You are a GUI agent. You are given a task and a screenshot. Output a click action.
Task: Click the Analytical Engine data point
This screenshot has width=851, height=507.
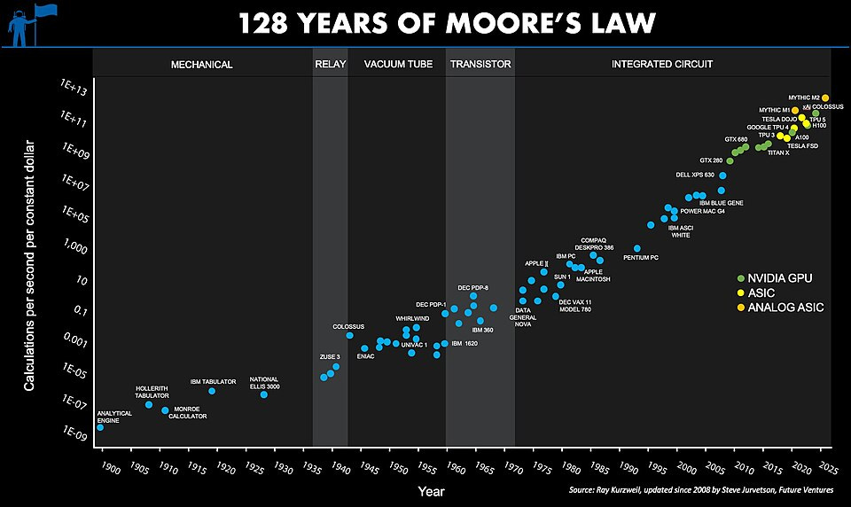pos(99,427)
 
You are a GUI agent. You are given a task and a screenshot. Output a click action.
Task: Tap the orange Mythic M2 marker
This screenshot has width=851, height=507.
pos(825,97)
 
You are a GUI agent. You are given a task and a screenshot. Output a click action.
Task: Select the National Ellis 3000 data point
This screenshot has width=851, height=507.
pos(264,394)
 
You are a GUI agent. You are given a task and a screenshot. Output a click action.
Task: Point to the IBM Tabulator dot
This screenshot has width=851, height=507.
pos(212,391)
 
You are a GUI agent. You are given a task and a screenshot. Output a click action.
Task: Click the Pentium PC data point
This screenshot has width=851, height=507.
pos(636,248)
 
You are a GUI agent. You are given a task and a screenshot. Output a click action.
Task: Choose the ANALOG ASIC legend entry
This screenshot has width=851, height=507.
pos(780,308)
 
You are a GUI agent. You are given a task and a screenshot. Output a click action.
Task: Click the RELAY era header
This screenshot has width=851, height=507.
pos(330,65)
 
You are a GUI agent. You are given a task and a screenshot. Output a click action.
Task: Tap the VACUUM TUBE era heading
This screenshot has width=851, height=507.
pos(396,65)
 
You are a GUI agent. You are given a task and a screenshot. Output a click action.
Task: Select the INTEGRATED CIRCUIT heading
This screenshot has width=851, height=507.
pos(662,65)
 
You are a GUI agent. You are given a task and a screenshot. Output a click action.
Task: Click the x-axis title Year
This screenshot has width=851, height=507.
pos(432,490)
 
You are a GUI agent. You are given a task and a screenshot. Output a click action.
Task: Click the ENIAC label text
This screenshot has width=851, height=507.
pos(365,356)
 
